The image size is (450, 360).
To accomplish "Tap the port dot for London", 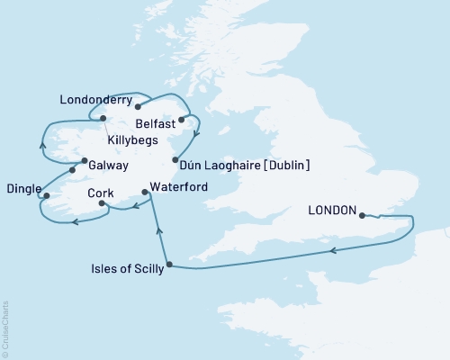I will [x=362, y=215].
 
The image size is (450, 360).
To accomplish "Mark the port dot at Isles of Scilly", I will [x=169, y=265].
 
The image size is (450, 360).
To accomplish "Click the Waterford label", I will [x=179, y=186].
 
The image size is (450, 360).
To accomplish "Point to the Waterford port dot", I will [x=145, y=192].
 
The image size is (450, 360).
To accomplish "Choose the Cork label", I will [x=100, y=193].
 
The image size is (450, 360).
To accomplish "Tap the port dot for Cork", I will [x=102, y=204].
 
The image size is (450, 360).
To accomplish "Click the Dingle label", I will [x=22, y=189].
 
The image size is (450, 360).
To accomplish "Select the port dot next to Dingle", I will [x=46, y=194].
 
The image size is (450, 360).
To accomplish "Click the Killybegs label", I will [x=131, y=141].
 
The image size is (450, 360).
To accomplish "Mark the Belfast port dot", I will [x=182, y=119].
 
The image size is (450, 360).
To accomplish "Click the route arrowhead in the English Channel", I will [x=333, y=251].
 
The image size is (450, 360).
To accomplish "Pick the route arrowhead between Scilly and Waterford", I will [x=160, y=231].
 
